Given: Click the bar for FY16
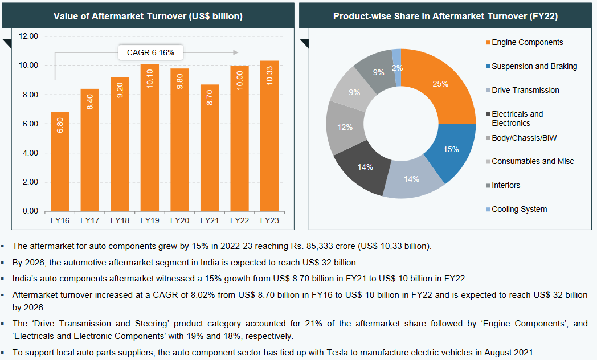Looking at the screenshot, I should coord(60,162).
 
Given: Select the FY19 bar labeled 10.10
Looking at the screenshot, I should coord(150,138).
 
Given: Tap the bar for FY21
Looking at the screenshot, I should coord(210,148).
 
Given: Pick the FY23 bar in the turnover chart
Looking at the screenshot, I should coord(269,136).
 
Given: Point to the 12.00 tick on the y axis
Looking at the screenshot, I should coord(28,36).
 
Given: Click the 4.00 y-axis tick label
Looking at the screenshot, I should coord(28,153).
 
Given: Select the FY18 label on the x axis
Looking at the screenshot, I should coord(120,220).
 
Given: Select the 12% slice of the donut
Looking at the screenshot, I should coord(344,128).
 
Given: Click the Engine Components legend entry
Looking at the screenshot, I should coord(527,42).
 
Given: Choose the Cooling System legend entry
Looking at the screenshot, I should coord(519,209).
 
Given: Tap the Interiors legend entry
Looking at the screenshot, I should coord(506,185).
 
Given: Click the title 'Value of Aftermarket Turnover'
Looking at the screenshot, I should coord(148,17).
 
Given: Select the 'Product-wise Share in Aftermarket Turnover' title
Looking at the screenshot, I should coord(445,17).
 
